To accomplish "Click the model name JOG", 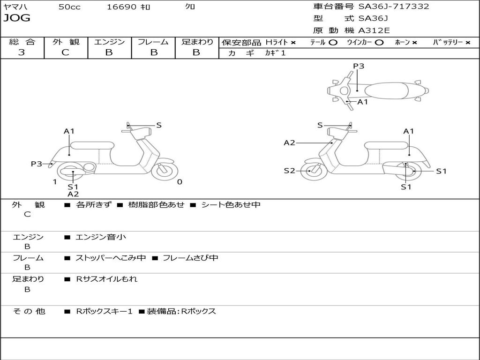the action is point(17,18).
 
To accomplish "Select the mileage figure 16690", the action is point(121,7).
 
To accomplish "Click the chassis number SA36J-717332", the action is point(394,7).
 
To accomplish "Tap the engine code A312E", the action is point(374,31).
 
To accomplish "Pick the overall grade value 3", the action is point(22,52).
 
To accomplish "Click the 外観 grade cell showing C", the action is point(65,52).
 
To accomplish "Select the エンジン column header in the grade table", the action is point(109,42).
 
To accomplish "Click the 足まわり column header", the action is point(197,42).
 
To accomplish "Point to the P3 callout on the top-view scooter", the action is point(359,66).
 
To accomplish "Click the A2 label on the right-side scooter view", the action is point(289,142).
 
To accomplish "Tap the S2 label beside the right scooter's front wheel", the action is point(289,171).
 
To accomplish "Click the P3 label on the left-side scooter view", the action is point(37,164).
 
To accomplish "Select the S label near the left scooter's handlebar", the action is point(159,125).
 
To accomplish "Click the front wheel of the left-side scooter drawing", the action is point(165,170).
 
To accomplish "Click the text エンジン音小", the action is point(101,237).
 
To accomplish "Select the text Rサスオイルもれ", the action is point(107,279).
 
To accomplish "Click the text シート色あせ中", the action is point(231,205).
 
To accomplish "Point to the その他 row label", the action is point(28,311).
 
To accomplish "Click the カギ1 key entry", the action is point(275,53).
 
